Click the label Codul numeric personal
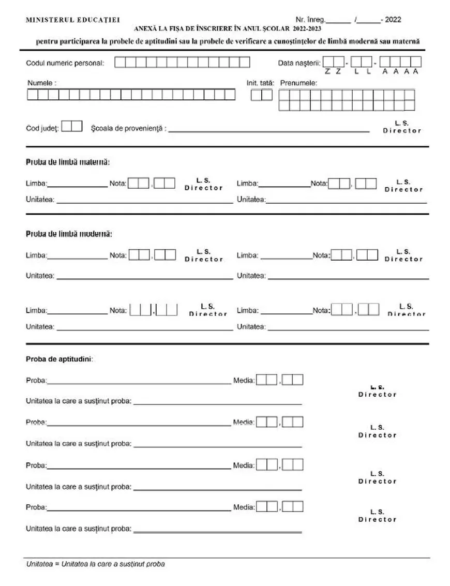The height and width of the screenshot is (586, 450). click(65, 63)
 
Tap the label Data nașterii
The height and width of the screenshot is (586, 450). click(299, 63)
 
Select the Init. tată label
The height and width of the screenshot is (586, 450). click(261, 82)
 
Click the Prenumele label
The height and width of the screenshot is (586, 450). click(298, 82)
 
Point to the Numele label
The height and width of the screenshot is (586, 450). click(42, 83)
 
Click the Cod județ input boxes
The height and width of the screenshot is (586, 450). click(72, 126)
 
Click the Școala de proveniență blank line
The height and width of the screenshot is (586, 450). click(269, 131)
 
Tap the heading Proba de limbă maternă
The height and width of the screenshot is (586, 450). click(68, 162)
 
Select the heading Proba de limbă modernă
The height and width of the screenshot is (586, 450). click(69, 234)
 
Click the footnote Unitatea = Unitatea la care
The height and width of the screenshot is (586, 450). click(96, 564)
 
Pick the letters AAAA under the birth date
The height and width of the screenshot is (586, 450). click(400, 71)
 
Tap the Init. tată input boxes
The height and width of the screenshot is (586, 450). click(261, 95)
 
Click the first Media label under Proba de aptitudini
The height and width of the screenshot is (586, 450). click(244, 381)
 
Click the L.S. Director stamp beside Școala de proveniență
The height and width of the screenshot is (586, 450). click(402, 127)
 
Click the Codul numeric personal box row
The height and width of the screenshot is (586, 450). click(182, 63)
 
